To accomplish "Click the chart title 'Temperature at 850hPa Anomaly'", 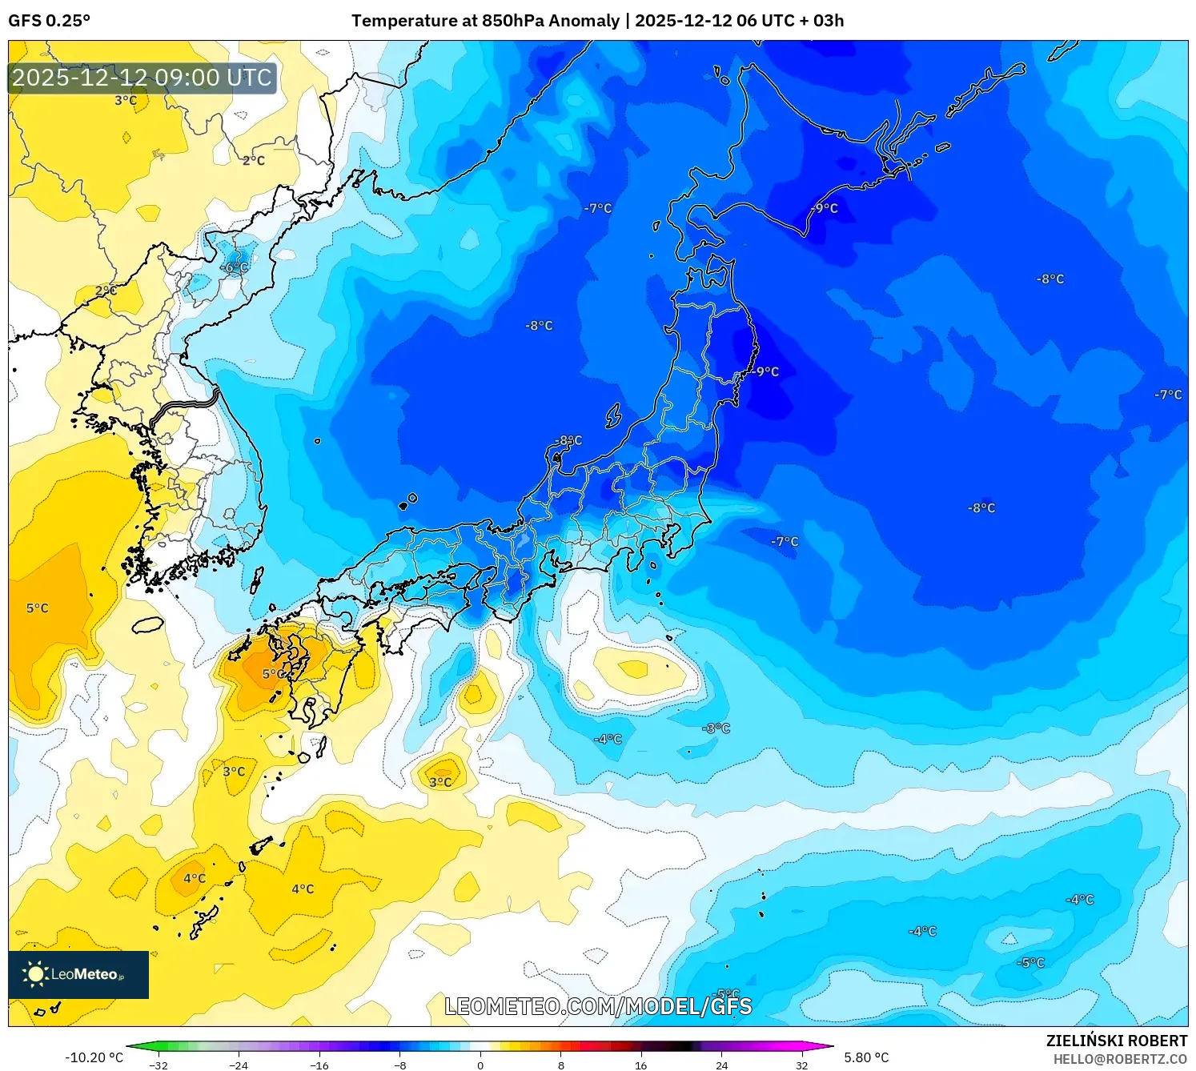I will [x=485, y=21].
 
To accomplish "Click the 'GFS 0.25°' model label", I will [x=50, y=21].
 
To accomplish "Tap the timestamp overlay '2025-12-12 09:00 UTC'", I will [x=142, y=78].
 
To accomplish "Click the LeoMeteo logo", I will [x=78, y=974].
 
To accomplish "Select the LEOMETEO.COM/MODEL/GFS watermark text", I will [x=598, y=1006].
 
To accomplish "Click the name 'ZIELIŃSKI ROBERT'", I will [x=1116, y=1041].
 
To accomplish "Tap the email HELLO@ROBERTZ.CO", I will [x=1119, y=1059].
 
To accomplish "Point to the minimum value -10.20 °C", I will [x=94, y=1057].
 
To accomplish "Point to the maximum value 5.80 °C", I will [x=866, y=1057].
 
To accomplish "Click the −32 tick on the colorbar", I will [x=159, y=1065].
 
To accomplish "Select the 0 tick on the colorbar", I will [x=480, y=1065].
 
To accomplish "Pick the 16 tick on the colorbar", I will [x=640, y=1065].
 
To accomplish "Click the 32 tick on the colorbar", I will [x=801, y=1065].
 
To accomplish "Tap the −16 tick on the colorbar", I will [x=319, y=1065].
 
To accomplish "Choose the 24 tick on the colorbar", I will [x=721, y=1065].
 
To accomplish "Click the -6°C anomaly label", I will [x=235, y=268].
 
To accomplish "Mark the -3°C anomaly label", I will [x=716, y=728].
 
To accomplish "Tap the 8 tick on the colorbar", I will [x=560, y=1065].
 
